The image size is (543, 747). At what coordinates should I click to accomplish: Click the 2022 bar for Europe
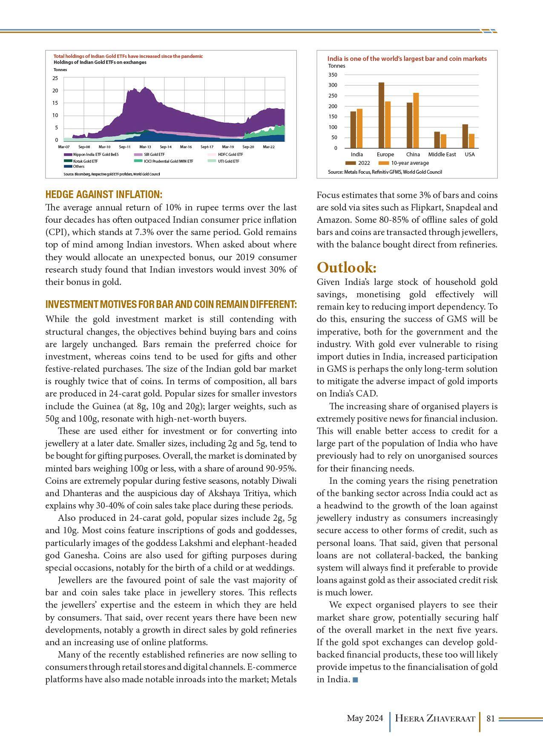coord(381,115)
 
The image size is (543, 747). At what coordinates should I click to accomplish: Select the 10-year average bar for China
coord(416,121)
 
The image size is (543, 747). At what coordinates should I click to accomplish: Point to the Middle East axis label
coord(442,155)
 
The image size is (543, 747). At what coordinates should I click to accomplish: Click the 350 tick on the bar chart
coord(333,75)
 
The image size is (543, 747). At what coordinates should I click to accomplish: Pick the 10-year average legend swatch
coord(383,163)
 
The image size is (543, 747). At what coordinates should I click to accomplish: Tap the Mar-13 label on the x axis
coord(145,147)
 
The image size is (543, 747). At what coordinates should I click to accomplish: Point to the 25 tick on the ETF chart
coord(55,78)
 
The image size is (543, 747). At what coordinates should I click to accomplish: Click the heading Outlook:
coord(347,268)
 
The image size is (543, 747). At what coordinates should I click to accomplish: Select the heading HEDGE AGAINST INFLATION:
coord(103,195)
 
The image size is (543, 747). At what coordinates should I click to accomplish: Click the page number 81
coord(490,718)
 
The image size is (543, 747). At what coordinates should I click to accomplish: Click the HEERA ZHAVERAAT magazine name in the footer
coord(435,718)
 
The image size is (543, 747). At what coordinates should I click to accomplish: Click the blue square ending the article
coord(356,680)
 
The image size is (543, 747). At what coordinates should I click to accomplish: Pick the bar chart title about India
coord(407,59)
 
